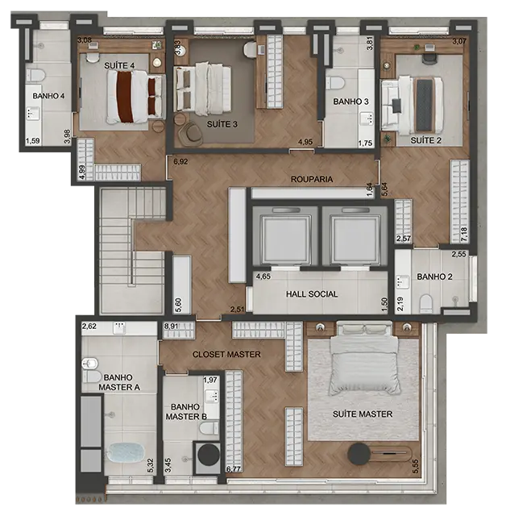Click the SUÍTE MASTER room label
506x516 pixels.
[363, 414]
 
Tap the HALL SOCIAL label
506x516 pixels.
[312, 293]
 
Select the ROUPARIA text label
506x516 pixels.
[312, 179]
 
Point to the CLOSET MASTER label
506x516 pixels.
[226, 355]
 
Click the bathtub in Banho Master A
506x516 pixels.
[126, 452]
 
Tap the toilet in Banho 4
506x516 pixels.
[35, 75]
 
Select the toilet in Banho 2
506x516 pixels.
[426, 303]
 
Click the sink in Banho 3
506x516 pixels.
[367, 119]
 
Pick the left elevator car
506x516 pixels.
[286, 235]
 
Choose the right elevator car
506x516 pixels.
[355, 235]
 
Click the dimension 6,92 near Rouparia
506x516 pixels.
[180, 161]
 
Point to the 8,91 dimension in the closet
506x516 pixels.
[172, 326]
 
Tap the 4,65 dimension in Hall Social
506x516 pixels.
[263, 277]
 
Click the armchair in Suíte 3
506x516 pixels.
[191, 133]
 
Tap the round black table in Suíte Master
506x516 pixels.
[359, 454]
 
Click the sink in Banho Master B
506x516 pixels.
[212, 396]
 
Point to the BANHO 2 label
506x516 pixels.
[434, 277]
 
